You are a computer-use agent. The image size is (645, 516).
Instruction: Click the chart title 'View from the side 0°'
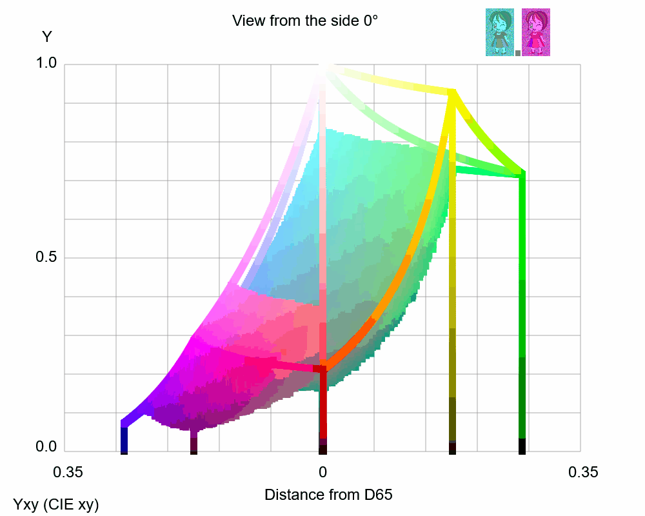point(304,21)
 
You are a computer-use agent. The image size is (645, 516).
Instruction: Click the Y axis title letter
point(46,37)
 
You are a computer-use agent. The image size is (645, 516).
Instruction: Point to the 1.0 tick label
point(46,63)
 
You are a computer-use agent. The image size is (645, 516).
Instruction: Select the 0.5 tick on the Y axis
point(46,257)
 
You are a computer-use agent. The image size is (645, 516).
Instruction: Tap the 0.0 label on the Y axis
point(46,446)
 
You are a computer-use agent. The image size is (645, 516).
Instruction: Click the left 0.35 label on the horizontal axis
point(68,472)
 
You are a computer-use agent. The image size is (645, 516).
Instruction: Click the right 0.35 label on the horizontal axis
point(583,472)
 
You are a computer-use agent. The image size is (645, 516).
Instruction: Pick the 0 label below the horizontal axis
point(322,472)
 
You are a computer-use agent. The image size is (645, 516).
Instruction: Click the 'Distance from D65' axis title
point(328,495)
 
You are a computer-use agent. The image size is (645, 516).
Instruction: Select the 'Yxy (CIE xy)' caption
point(56,504)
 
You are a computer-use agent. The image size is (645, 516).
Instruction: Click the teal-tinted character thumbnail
point(499,32)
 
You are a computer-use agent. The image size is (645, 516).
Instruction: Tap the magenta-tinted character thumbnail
point(535,32)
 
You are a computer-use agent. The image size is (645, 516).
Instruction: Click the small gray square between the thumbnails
point(518,53)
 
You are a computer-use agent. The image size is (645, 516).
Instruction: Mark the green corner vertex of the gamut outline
point(522,174)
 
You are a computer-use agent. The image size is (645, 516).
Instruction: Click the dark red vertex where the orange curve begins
point(322,368)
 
